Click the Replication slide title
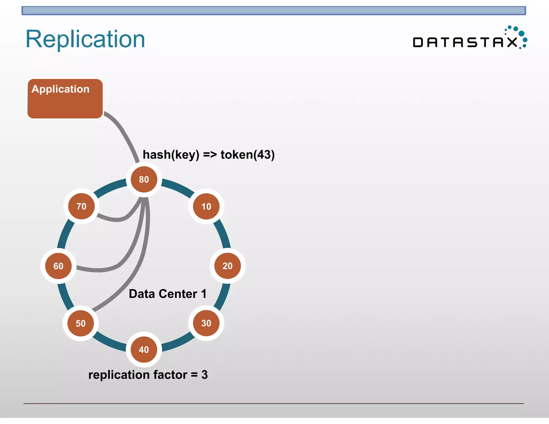click(x=85, y=39)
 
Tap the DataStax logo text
click(x=465, y=42)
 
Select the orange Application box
click(x=65, y=99)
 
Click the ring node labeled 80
click(x=144, y=179)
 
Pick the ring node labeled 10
click(x=206, y=206)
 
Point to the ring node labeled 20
click(x=228, y=266)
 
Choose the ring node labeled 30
click(x=206, y=323)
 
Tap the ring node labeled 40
click(x=144, y=349)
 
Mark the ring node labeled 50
click(x=81, y=323)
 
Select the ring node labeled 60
click(x=58, y=266)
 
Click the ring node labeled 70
click(x=81, y=206)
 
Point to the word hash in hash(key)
click(x=157, y=155)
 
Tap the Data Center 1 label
click(x=168, y=294)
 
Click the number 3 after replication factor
click(x=205, y=375)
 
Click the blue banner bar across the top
click(x=273, y=11)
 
